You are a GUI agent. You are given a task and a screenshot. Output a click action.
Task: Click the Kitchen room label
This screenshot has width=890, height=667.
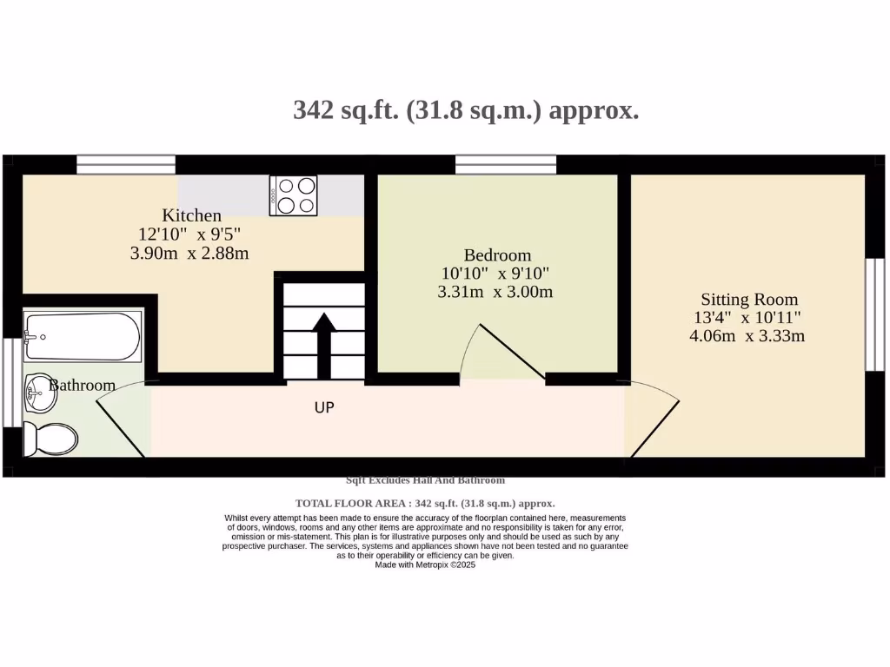pos(192,215)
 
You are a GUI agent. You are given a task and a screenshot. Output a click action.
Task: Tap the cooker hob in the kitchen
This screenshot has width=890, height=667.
pos(294,195)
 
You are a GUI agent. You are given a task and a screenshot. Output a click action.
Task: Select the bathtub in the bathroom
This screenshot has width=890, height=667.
pos(82,338)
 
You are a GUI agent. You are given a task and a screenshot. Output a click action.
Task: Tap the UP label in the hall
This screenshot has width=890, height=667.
pos(324,406)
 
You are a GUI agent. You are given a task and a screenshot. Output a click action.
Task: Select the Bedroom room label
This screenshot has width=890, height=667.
pos(497,255)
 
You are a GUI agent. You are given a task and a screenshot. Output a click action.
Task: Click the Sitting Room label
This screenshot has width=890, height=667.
pos(749,300)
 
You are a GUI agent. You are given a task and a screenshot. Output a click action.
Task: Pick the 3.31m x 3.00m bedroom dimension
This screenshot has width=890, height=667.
pos(495,292)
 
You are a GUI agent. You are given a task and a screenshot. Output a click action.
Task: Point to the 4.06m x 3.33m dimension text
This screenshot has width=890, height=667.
pos(747,336)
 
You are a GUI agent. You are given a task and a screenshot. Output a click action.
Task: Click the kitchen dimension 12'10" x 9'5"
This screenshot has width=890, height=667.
pos(189,234)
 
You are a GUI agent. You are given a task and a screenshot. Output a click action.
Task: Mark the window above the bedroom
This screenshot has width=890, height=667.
pos(506,164)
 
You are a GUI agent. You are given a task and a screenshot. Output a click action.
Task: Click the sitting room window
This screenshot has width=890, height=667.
pos(874,314)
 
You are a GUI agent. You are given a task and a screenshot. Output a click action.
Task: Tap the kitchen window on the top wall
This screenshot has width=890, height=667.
pos(126,164)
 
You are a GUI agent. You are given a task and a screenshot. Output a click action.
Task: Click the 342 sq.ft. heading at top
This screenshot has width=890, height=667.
pos(466,111)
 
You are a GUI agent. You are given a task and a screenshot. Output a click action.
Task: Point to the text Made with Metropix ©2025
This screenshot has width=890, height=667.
pos(425,565)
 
